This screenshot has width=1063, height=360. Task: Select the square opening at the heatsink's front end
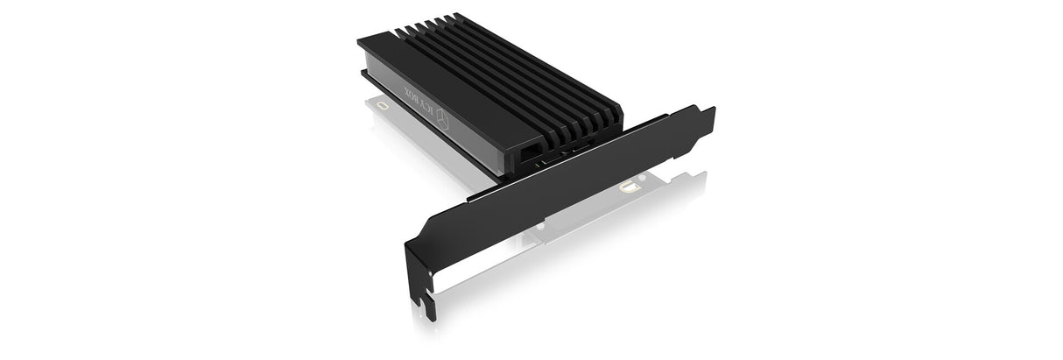pyautogui.click(x=529, y=152)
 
